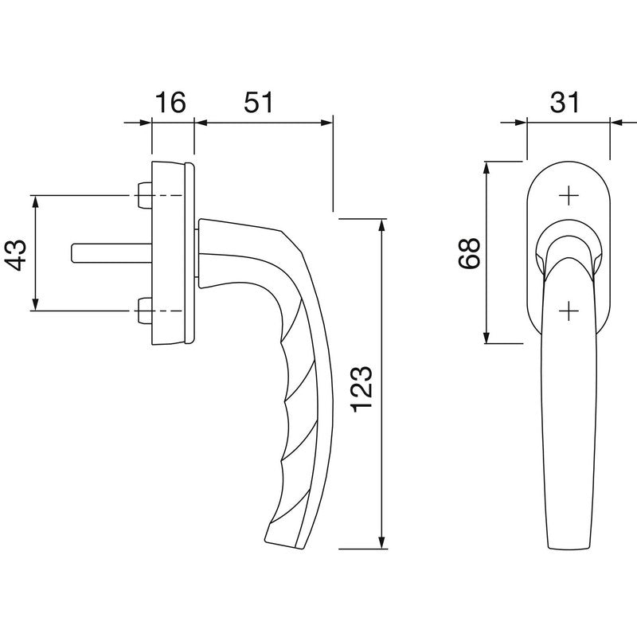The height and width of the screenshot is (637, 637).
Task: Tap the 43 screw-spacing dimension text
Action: pos(15,255)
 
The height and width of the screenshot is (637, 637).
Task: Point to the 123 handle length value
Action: pos(361,389)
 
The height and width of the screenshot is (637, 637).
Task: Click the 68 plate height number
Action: pos(469,252)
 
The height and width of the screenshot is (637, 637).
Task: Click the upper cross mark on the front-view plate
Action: pos(569,196)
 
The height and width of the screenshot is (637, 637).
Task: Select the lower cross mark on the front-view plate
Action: pos(569,311)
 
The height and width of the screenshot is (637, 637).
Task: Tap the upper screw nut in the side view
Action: pos(144,195)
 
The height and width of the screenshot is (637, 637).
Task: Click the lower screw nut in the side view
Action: pos(144,311)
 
